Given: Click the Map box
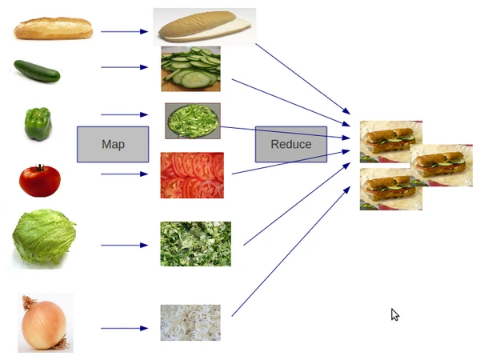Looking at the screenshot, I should pyautogui.click(x=113, y=144).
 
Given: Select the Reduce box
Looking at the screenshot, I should pyautogui.click(x=291, y=144).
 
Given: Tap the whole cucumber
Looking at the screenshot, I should pyautogui.click(x=37, y=71).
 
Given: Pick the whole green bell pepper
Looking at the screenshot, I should pyautogui.click(x=38, y=123).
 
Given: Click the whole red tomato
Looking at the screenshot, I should pyautogui.click(x=39, y=181).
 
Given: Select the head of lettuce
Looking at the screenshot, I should pyautogui.click(x=44, y=238).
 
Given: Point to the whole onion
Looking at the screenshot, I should pyautogui.click(x=44, y=323).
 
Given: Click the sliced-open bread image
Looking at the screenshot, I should pyautogui.click(x=204, y=27).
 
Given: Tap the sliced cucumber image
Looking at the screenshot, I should pyautogui.click(x=190, y=68).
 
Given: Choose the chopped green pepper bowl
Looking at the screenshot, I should pyautogui.click(x=193, y=121).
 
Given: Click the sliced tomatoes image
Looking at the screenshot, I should pyautogui.click(x=192, y=175).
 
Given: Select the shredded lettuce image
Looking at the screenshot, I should pyautogui.click(x=195, y=244).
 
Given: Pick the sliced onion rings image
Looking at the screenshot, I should pyautogui.click(x=190, y=322).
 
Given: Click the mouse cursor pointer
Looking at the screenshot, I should pyautogui.click(x=394, y=314).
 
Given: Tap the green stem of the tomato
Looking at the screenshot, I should pyautogui.click(x=39, y=168).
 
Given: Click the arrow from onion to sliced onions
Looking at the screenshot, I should pyautogui.click(x=124, y=328).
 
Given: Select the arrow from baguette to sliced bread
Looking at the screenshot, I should pyautogui.click(x=124, y=32).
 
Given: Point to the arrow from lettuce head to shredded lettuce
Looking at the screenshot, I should pyautogui.click(x=124, y=245).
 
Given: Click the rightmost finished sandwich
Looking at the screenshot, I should pyautogui.click(x=442, y=164).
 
